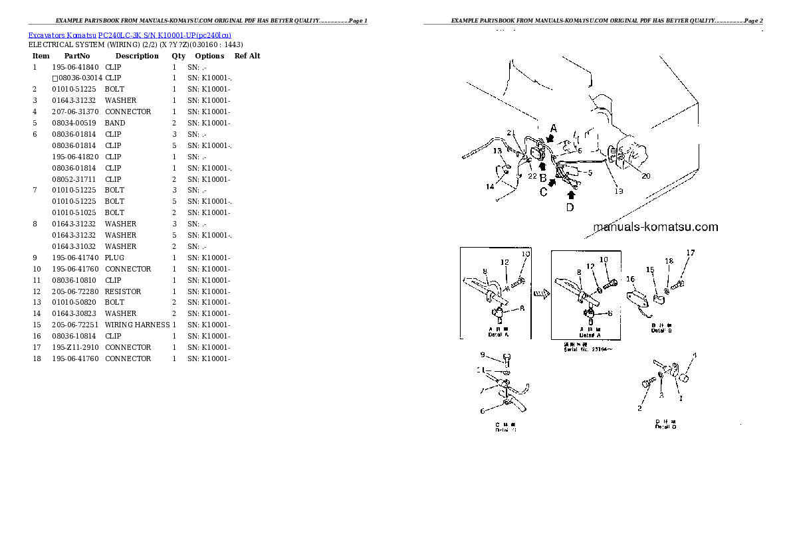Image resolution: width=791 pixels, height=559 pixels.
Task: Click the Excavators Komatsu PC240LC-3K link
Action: click(130, 35)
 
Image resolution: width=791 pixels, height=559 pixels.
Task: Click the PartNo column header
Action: click(77, 56)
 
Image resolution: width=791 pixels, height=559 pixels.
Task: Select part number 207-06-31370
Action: click(74, 112)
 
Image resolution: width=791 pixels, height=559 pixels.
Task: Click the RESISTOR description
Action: click(123, 291)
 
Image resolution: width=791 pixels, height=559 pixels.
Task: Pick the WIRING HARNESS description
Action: click(137, 325)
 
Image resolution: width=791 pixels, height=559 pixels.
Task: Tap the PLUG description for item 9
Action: click(114, 258)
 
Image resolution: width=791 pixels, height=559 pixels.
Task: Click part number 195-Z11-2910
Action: click(74, 347)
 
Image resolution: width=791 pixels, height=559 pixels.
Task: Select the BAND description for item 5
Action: click(114, 123)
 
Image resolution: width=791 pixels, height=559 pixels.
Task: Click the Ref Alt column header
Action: click(247, 56)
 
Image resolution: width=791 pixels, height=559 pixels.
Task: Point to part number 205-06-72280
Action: click(74, 291)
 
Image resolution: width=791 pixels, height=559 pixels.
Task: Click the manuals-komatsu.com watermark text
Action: click(655, 227)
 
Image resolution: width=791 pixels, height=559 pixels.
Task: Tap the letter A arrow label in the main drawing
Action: click(553, 128)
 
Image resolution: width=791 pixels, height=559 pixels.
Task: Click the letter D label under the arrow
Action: click(570, 208)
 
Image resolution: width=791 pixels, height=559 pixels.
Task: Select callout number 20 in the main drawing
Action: click(646, 176)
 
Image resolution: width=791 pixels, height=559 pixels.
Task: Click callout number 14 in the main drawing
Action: click(490, 187)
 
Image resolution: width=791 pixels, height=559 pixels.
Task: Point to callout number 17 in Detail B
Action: click(691, 253)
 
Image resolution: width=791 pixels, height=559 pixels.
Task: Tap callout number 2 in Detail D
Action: click(639, 408)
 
